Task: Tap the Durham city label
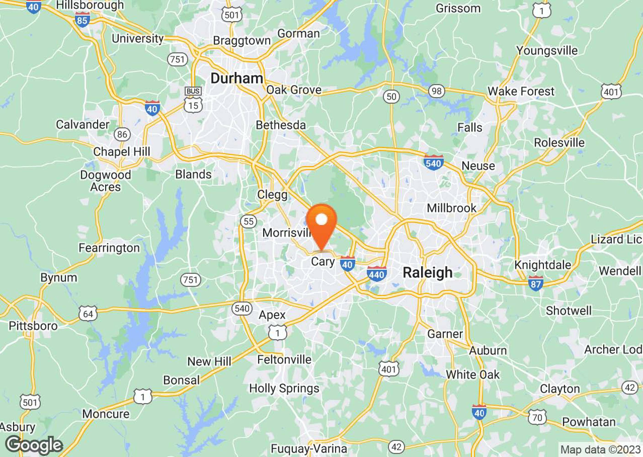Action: [237, 78]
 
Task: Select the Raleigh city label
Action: [428, 272]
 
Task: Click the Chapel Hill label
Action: [122, 152]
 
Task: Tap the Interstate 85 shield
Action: [82, 20]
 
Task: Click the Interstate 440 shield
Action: [376, 274]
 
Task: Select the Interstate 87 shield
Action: [536, 283]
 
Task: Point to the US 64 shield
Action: [88, 314]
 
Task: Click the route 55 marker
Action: [248, 221]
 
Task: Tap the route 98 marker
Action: [437, 91]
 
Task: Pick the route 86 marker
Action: [122, 134]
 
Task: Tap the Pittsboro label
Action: [33, 326]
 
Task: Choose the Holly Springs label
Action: [284, 388]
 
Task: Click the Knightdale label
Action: [542, 265]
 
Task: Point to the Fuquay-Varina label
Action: [309, 449]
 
